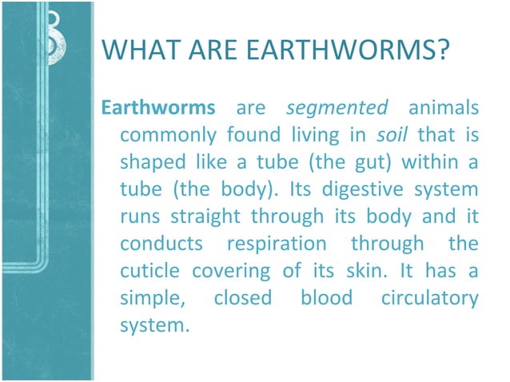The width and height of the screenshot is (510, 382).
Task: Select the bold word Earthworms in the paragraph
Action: click(x=147, y=107)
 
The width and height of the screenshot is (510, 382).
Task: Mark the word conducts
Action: click(x=156, y=243)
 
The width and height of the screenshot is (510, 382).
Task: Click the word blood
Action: click(x=326, y=297)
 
